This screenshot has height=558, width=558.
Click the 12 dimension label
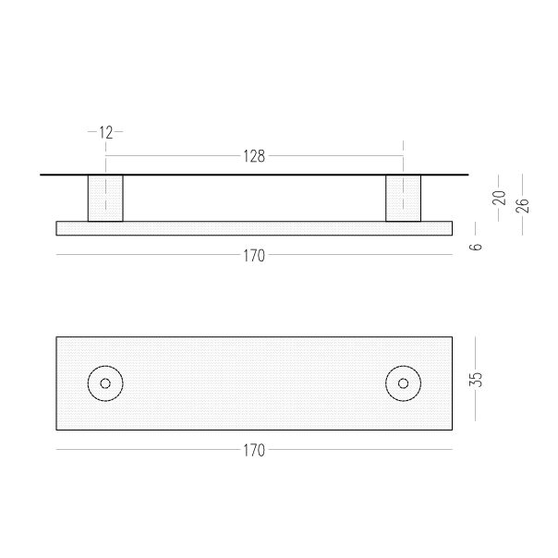(x=105, y=133)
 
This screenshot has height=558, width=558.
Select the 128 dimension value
(x=254, y=156)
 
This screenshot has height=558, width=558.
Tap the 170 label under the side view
(x=254, y=256)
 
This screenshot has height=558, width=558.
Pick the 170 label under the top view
(x=254, y=451)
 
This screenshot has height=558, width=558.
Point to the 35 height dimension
(x=476, y=379)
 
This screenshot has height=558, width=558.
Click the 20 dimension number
(x=499, y=198)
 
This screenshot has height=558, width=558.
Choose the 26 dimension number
(x=522, y=205)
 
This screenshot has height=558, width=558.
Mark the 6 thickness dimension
(x=476, y=247)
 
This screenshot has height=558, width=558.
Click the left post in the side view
(x=105, y=198)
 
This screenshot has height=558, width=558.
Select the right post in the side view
(x=403, y=198)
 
